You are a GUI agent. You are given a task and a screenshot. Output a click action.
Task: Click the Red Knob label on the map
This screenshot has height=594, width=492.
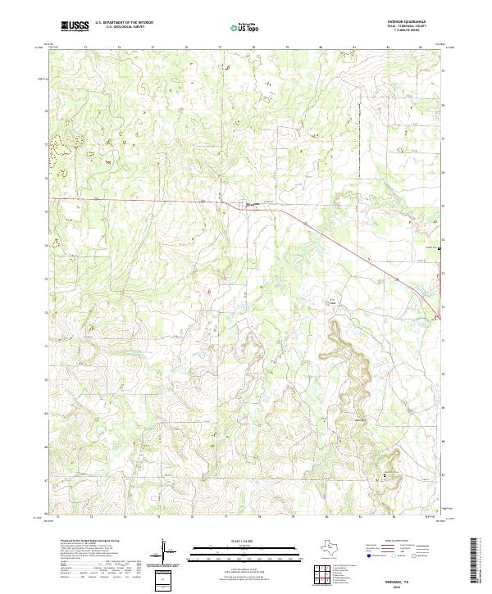point(334,301)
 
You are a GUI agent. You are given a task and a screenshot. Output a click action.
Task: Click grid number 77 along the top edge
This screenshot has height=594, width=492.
point(221,48)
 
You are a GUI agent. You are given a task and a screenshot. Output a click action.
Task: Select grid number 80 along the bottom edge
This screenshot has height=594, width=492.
point(327,518)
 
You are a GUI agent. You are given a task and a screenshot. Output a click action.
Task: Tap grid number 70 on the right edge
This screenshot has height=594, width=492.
point(444,373)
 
